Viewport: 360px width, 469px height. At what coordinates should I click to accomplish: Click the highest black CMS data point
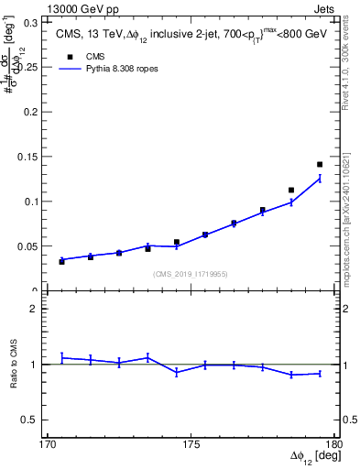320,165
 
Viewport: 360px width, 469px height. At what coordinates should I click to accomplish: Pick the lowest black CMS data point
61,261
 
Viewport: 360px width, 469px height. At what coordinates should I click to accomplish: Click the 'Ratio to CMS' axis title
14,364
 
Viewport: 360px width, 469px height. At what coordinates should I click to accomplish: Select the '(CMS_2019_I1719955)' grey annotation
190,272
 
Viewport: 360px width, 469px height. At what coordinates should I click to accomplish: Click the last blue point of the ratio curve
320,373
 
